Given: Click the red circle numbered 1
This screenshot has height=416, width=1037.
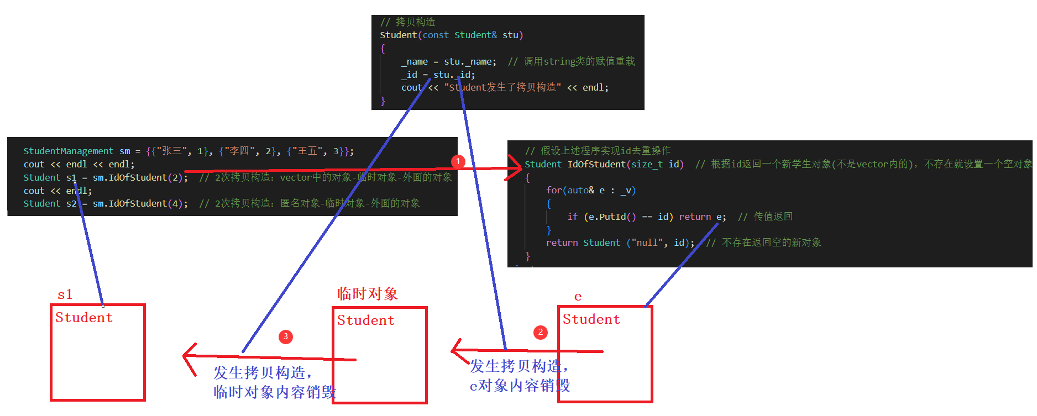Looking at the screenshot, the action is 458,161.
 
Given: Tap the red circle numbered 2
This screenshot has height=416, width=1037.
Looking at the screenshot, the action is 540,332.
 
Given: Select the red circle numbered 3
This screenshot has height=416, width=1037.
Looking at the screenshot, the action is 285,336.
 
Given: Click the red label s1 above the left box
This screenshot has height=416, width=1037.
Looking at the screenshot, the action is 65,294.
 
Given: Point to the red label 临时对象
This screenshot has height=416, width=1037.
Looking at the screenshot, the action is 367,293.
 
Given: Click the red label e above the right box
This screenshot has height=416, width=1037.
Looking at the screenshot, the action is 578,297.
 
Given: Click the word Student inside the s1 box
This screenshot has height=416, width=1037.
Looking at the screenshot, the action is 83,318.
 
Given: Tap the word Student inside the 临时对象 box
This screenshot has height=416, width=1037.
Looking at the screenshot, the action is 365,320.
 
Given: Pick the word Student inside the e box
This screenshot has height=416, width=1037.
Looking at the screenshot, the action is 591,319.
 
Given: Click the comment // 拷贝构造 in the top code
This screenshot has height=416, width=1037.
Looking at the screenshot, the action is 407,22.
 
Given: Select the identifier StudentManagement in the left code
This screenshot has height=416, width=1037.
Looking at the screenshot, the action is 68,151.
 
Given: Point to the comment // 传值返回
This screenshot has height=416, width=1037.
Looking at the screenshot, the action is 765,217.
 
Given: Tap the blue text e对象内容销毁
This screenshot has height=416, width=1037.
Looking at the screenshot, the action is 520,386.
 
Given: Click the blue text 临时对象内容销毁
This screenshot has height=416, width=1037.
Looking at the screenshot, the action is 274,392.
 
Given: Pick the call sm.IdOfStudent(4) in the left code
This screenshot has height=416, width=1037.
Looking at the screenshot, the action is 140,203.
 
